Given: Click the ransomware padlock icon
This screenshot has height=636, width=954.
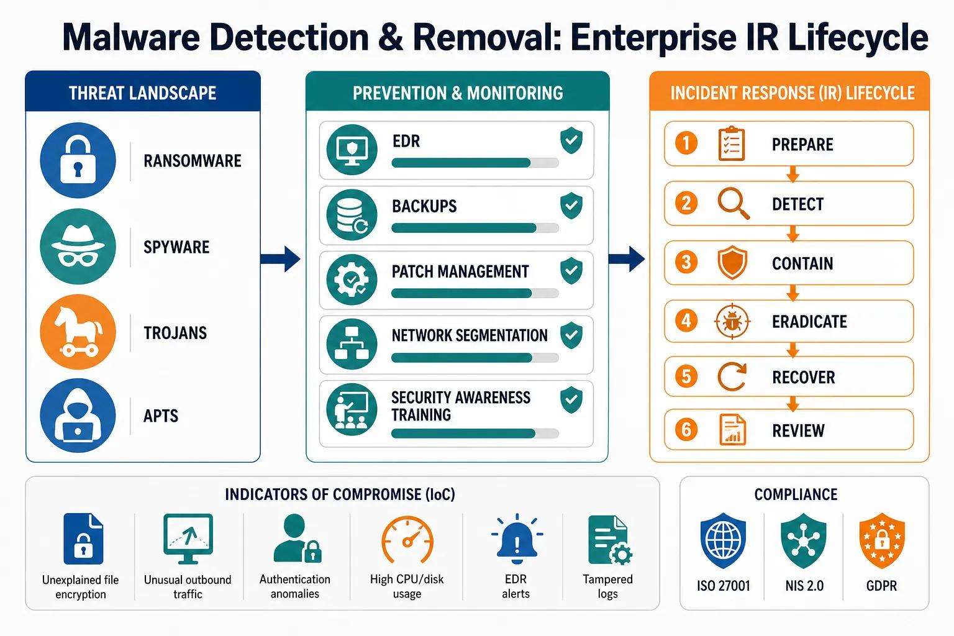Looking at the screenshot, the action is coord(78,160).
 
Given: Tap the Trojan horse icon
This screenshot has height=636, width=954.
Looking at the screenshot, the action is coord(78,332).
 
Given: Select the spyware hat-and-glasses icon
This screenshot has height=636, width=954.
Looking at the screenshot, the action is coord(78,246).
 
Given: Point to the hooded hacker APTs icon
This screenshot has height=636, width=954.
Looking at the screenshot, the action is coord(78,416).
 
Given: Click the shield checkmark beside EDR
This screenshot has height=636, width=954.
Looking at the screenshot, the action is coord(571,140).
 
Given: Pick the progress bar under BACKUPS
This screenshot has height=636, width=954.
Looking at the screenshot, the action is coord(475,228).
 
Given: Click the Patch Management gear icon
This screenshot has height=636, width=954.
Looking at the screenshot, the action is coord(352,280).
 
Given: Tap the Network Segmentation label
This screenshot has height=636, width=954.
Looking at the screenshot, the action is coord(470,335).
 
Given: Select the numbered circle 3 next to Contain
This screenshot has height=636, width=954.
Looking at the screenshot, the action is coord(686,262).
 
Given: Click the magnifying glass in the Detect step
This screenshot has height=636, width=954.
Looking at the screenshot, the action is coord(734,203).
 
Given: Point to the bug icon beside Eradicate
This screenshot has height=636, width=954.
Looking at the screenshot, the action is coord(732,322).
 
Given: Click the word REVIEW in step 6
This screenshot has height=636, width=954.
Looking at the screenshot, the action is coord(798,430).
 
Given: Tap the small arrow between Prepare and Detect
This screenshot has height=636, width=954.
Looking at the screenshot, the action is coord(793,174).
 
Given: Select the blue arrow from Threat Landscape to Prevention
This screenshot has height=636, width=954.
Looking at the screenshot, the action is coord(280,258).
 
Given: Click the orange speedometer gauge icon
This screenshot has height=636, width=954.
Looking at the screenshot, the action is coord(407,539).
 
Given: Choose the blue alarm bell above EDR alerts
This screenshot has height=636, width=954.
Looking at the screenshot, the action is coord(517,538).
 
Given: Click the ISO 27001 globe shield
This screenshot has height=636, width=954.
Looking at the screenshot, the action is coord(723,540).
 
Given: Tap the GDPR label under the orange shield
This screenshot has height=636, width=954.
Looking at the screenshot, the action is coord(881,586).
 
